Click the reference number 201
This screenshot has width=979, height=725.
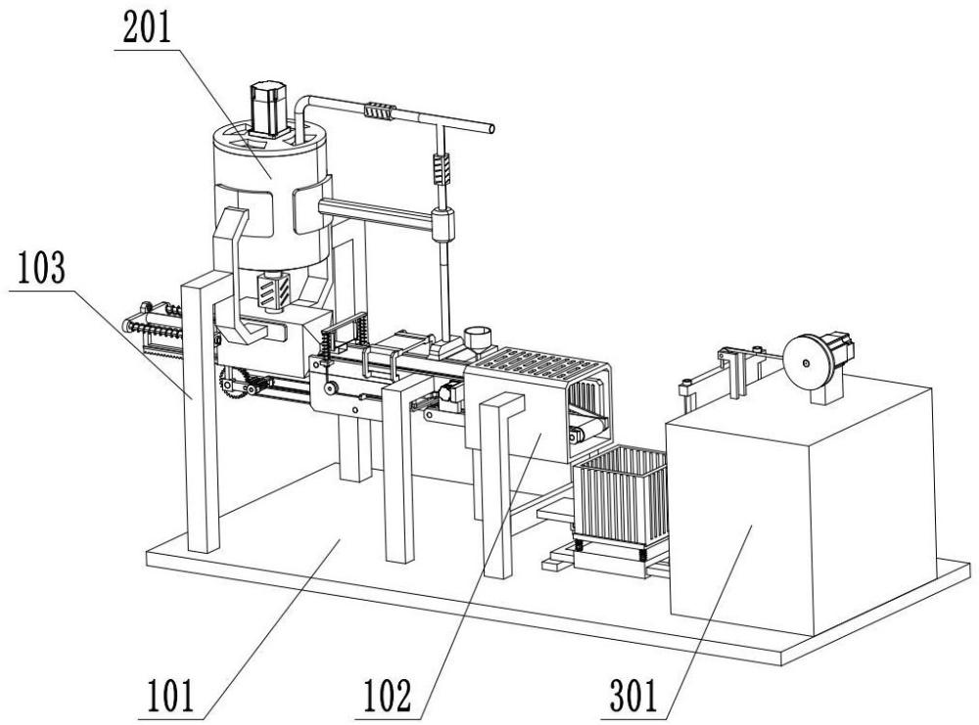(147, 28)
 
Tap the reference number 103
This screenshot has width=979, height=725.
(41, 267)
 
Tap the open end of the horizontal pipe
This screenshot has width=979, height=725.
(491, 129)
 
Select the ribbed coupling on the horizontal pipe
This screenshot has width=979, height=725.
(380, 112)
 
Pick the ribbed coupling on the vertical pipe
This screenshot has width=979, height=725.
(442, 168)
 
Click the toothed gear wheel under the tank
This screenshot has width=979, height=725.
(234, 384)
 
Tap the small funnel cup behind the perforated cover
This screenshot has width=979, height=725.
(478, 339)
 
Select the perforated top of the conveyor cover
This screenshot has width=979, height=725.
(541, 364)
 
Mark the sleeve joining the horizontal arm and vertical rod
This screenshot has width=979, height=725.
(443, 225)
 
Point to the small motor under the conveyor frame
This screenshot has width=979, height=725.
(450, 396)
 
